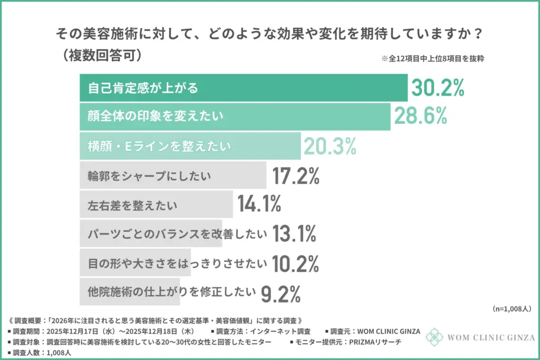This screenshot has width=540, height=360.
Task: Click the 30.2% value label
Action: pos(438,88)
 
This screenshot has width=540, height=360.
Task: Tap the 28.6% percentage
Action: pos(421,116)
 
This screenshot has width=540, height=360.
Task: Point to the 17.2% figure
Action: pos(296,176)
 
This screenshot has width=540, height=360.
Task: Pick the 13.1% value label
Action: pos(294,232)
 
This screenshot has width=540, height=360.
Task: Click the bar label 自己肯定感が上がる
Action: pos(143,88)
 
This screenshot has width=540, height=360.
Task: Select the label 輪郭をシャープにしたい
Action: pos(149,176)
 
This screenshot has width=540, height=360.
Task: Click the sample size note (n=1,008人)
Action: pos(511,308)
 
